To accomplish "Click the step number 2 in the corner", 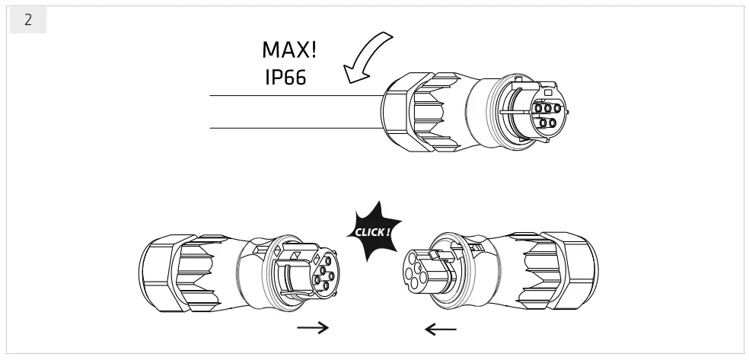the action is click(x=28, y=20).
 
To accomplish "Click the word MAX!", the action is click(x=289, y=49).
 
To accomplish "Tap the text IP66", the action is click(x=285, y=78).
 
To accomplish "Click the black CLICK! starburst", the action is click(x=374, y=232).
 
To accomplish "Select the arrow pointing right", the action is click(x=313, y=327).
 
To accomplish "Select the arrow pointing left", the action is click(x=440, y=329).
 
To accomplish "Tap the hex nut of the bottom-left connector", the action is click(x=160, y=272).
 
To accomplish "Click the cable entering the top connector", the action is click(x=296, y=112).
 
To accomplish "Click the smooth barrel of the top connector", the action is click(x=480, y=111).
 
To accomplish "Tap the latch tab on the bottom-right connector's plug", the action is click(x=437, y=256).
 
